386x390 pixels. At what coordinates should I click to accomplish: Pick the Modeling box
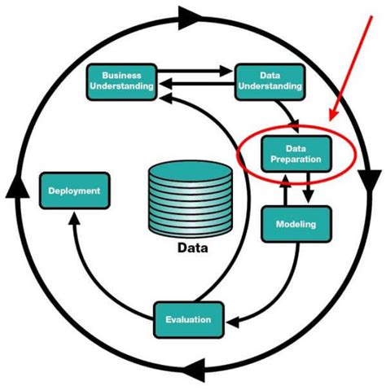[x=292, y=223]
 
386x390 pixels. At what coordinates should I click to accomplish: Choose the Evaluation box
[x=188, y=319]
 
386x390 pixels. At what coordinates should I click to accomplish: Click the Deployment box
[x=74, y=191]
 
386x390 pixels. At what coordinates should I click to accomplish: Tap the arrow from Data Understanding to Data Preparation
[x=285, y=110]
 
